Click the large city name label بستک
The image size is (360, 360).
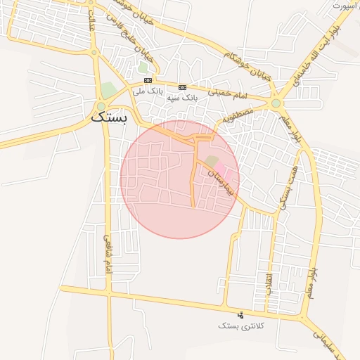click(x=110, y=117)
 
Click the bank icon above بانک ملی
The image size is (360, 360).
click(x=148, y=81)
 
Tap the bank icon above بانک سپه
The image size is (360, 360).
click(x=183, y=87)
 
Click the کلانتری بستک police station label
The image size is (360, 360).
click(x=240, y=326)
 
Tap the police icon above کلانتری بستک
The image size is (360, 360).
click(x=241, y=315)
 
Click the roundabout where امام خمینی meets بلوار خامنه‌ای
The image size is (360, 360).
click(x=276, y=103)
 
